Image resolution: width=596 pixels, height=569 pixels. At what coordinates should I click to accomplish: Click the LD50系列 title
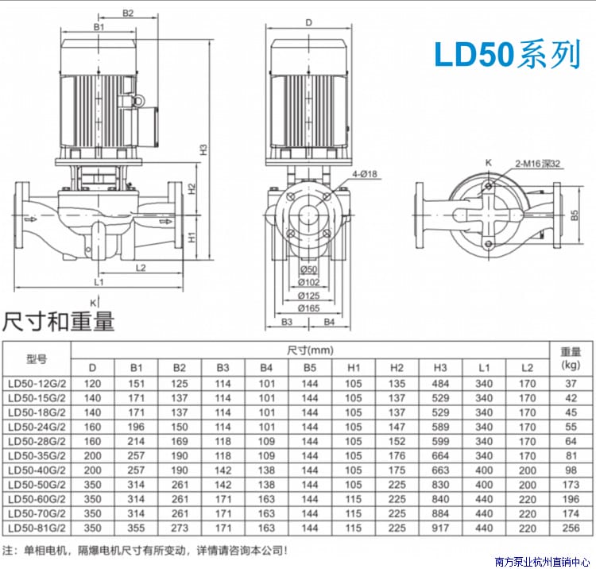click(x=508, y=54)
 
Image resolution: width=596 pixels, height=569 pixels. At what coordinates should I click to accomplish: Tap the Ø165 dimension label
click(x=308, y=308)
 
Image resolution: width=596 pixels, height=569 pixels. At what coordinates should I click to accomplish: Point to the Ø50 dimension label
click(x=308, y=269)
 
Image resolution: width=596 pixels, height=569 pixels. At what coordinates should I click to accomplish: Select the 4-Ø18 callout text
click(x=365, y=174)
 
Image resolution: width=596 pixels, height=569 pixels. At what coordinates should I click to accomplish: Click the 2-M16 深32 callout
click(x=537, y=164)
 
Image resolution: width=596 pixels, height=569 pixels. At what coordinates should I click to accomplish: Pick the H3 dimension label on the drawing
click(x=203, y=149)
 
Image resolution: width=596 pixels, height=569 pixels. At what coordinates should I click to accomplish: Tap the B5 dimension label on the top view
click(x=575, y=215)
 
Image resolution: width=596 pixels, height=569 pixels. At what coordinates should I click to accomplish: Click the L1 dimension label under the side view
click(x=99, y=282)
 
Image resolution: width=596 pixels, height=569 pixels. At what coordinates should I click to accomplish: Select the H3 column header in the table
click(x=440, y=368)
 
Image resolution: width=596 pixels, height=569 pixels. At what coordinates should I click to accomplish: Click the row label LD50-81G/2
click(x=37, y=528)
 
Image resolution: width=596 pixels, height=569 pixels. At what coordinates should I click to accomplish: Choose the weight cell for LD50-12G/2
click(x=571, y=384)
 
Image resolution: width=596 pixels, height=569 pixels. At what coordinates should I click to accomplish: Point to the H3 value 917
click(x=440, y=528)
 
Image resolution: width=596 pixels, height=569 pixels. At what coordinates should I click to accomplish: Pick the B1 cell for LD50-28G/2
click(x=136, y=441)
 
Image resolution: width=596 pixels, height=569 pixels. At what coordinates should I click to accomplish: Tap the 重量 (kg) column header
click(x=571, y=358)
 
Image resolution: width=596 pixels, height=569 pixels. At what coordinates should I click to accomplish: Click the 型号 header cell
click(x=37, y=359)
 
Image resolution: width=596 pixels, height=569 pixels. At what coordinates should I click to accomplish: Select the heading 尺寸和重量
click(x=59, y=322)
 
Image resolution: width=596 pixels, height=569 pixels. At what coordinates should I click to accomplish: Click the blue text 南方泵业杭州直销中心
click(x=543, y=562)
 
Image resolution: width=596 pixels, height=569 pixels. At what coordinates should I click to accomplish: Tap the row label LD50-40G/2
click(x=37, y=470)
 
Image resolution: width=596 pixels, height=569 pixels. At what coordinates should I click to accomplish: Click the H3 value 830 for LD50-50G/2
click(x=440, y=485)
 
